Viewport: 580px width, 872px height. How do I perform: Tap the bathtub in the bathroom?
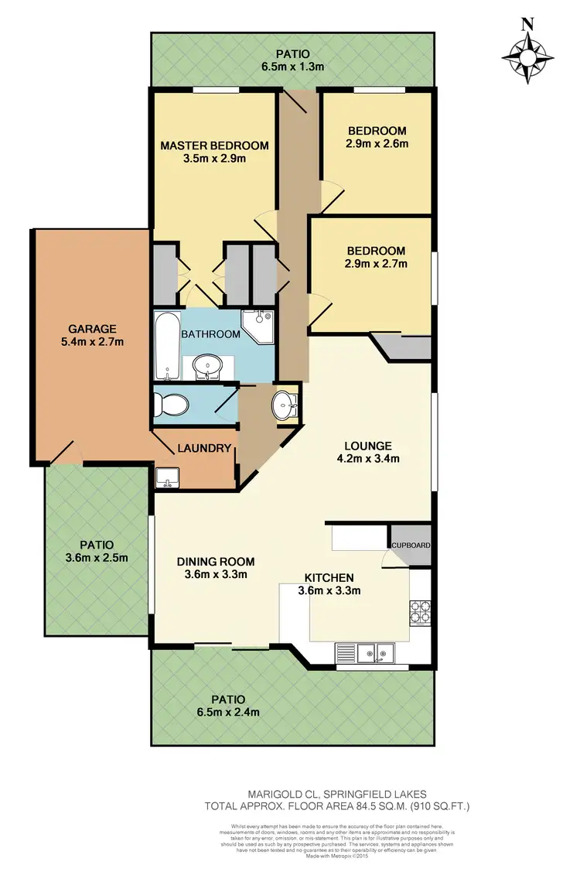tap(166, 345)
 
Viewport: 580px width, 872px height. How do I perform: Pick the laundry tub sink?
tap(166, 478)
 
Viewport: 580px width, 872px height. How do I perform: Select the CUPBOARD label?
tap(410, 545)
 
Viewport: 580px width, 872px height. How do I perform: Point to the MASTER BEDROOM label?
tap(214, 145)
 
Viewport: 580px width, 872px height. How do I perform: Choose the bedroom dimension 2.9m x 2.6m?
tap(377, 143)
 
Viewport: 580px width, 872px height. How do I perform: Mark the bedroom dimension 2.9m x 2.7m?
tap(377, 263)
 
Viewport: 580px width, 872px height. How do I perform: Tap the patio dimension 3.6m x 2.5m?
tap(97, 556)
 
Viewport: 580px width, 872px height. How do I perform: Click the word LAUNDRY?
tap(205, 448)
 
